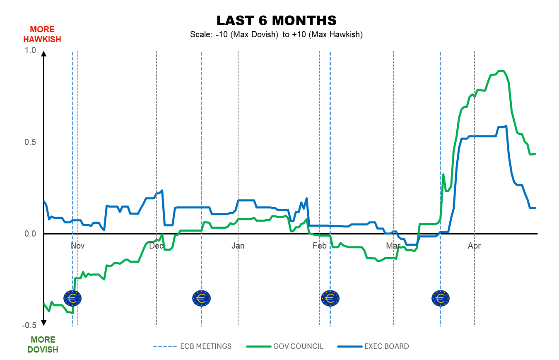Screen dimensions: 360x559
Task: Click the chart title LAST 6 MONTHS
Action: coord(276,20)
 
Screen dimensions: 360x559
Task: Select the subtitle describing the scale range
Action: coord(276,35)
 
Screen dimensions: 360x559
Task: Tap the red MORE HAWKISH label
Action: coord(42,34)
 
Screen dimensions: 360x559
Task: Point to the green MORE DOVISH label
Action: coord(43,345)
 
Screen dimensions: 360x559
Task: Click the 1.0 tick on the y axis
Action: coord(31,50)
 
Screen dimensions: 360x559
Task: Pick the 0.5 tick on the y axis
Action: coord(31,142)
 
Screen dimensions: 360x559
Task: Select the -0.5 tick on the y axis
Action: coord(29,325)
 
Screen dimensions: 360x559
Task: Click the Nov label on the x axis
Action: coord(77,246)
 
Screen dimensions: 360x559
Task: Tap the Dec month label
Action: coord(157,246)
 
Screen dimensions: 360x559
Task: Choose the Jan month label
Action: coord(238,246)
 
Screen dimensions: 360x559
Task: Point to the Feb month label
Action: coord(319,246)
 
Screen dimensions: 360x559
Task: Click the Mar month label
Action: coord(393,246)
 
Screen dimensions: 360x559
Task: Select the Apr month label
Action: coord(474,246)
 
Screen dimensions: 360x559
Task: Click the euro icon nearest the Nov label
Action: coord(72,297)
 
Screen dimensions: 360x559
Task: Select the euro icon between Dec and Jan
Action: coord(201,297)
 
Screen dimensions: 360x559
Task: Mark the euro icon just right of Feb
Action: coord(330,297)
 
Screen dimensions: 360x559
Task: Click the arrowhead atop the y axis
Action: coord(43,53)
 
